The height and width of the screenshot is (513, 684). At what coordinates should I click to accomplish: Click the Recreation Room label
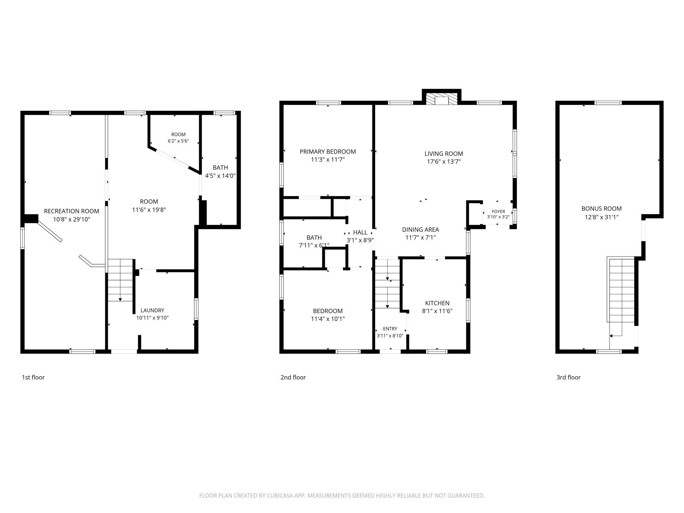click(71, 211)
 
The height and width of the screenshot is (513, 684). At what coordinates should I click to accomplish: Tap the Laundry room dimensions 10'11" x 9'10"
click(152, 318)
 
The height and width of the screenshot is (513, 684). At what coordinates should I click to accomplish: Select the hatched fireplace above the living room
click(441, 99)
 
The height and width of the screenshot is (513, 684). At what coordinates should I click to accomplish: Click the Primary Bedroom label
click(328, 152)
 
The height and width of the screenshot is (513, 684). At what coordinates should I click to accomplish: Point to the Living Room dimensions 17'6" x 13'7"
click(444, 162)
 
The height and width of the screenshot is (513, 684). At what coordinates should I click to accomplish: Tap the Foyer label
click(498, 211)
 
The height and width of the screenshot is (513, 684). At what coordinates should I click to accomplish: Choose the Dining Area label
click(421, 230)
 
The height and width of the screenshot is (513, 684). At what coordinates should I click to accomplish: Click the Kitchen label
click(437, 303)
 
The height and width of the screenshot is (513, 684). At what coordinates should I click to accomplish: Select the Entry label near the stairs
click(390, 329)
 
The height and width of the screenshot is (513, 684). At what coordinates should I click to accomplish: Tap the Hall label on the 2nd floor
click(360, 232)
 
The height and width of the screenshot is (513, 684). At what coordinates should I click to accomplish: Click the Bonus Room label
click(601, 208)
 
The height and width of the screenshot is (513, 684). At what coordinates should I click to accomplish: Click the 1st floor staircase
click(120, 280)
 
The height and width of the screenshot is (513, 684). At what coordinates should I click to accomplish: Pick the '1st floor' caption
click(33, 378)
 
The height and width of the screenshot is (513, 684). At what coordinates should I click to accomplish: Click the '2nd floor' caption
click(293, 378)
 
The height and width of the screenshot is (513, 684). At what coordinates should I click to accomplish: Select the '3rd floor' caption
click(568, 378)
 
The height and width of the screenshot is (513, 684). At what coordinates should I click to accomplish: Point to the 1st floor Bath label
click(220, 168)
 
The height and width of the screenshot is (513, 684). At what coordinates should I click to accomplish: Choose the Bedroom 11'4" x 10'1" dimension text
click(328, 319)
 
